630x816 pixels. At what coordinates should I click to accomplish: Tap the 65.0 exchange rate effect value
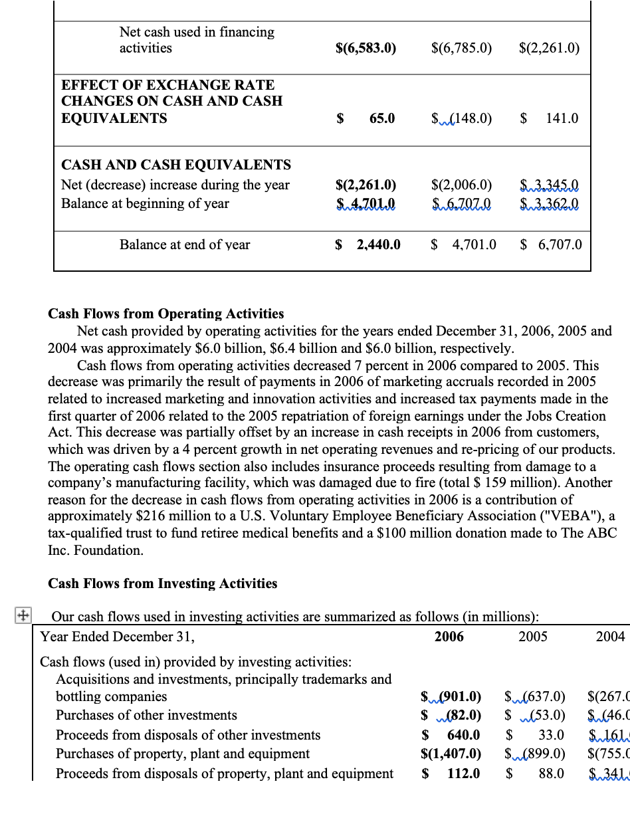(381, 118)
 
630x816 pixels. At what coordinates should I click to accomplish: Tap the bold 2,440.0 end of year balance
(378, 245)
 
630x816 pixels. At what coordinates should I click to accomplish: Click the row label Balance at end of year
(185, 245)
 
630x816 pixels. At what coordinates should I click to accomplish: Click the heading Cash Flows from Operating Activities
(165, 314)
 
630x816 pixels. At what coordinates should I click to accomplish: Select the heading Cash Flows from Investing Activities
(162, 583)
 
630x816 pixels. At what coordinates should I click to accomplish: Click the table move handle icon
(22, 615)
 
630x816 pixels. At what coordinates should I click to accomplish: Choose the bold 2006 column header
(449, 637)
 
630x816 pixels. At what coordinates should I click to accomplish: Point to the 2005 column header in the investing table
(533, 637)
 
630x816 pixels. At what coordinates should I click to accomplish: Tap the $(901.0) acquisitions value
(451, 697)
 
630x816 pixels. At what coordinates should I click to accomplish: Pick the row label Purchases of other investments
(146, 715)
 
